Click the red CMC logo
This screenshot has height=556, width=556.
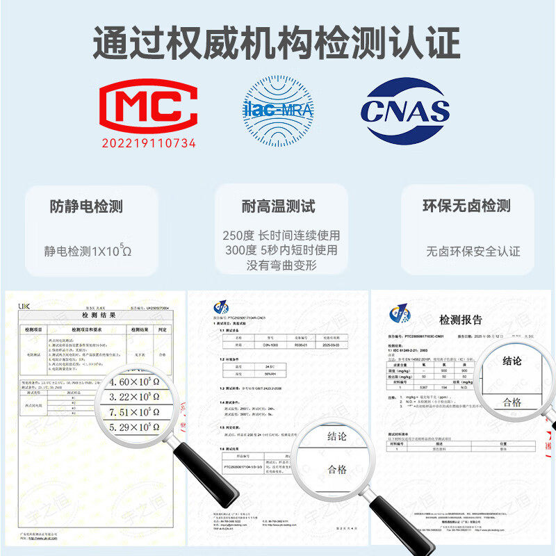pos(147,108)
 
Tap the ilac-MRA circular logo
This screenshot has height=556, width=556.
pos(277,110)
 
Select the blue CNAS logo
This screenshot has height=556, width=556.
pos(405,110)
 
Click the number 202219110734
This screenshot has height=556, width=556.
pos(149,143)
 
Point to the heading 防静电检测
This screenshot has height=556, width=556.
pos(86,206)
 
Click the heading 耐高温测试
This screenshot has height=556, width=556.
pos(278,206)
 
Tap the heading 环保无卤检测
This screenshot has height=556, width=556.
pos(467,206)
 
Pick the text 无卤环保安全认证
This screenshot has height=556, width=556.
pos(473,251)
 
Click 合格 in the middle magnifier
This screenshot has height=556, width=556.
pos(337,469)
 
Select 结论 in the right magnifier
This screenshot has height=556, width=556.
pos(512,361)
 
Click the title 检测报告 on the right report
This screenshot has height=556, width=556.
pos(460,320)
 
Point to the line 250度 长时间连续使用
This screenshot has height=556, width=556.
pos(281,236)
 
